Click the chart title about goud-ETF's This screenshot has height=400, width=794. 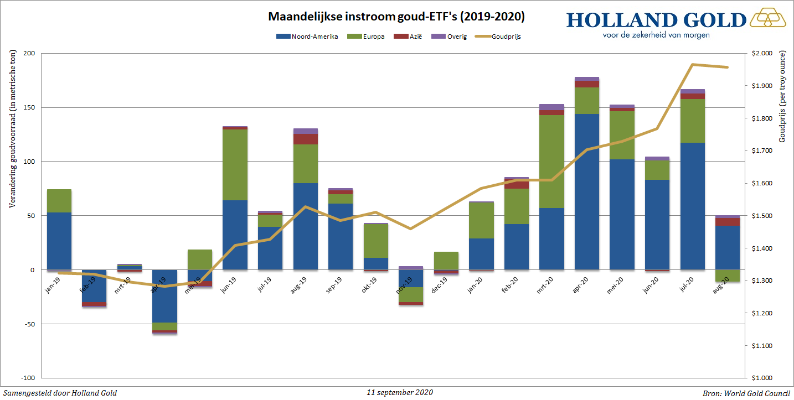(x=396, y=17)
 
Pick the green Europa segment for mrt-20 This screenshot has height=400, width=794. (x=551, y=161)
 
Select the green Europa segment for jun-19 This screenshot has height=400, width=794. (x=235, y=164)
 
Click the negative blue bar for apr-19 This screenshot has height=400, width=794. (x=164, y=296)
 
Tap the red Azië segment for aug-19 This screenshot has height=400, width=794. (x=306, y=139)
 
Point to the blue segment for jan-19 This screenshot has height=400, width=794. (x=59, y=241)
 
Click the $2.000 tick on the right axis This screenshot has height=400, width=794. (x=761, y=54)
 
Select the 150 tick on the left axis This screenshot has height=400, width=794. (x=28, y=108)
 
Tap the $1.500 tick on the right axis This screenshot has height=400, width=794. (x=761, y=216)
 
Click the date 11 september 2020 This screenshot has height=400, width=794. (x=400, y=392)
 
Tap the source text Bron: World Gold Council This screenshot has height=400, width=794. (x=746, y=393)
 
